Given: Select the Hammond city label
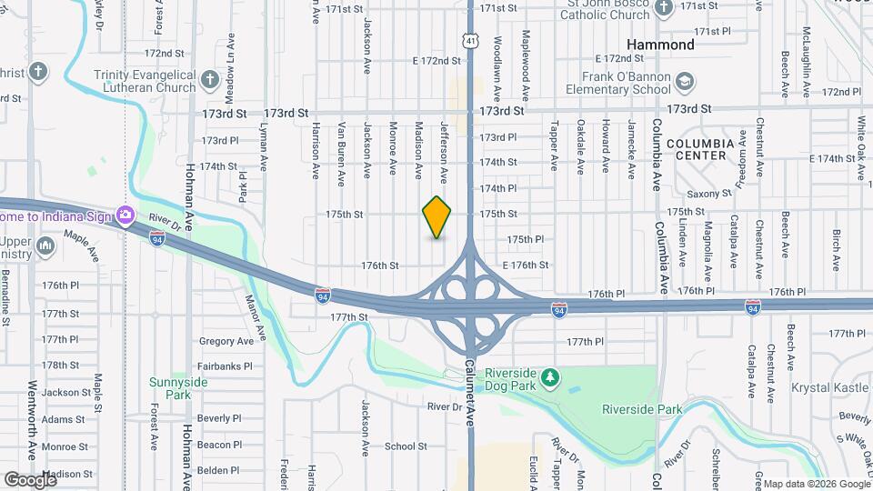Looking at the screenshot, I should coord(661,44).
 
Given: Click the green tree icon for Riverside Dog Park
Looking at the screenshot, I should coord(548,376).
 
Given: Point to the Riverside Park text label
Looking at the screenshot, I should coord(642,409).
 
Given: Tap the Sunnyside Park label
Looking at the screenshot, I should coord(179,388).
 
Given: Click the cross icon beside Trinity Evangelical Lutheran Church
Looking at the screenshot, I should coord(209,79).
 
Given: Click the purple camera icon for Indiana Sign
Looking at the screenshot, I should coord(125,215).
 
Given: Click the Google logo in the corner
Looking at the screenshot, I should coord(30,479).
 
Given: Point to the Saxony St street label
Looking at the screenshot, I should coord(709,194).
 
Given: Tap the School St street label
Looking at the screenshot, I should coord(406,446).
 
